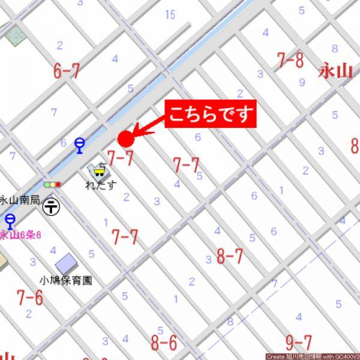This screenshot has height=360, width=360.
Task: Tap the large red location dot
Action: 125,139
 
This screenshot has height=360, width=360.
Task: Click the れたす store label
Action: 100,186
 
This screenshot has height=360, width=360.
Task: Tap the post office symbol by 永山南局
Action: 52,206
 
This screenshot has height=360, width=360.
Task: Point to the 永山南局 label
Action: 20,201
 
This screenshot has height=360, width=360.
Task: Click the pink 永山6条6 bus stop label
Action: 20,235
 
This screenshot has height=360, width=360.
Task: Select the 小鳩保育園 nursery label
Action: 65,281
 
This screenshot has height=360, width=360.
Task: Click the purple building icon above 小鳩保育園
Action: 65,263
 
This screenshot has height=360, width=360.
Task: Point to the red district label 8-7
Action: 230,257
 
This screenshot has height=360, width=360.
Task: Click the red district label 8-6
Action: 164,343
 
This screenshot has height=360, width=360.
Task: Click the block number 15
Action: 171,14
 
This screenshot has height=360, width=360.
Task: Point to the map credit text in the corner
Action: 312,356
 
